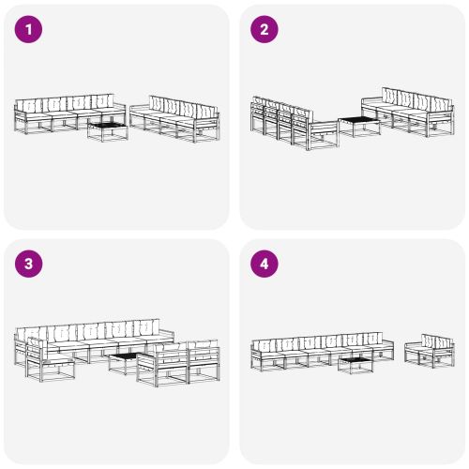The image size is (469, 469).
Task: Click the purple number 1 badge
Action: (x=29, y=30)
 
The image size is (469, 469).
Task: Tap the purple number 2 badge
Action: (x=264, y=30)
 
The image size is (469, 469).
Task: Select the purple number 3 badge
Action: (x=29, y=265)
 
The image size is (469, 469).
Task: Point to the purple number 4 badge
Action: (x=264, y=265)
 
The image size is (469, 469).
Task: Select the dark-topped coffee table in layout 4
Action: (x=356, y=363)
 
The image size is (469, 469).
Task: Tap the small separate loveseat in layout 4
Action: (x=430, y=351)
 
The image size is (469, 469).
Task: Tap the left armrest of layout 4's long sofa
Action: (x=254, y=354)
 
